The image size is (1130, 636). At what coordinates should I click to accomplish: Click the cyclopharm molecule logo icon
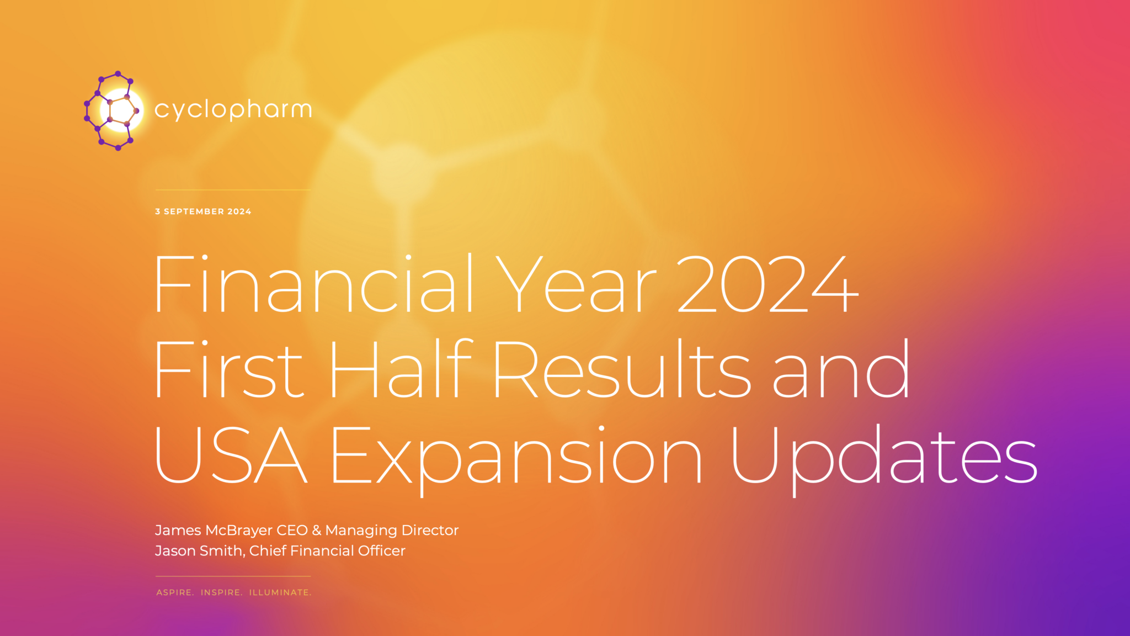[113, 110]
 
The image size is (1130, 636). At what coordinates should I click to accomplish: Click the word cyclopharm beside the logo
[233, 109]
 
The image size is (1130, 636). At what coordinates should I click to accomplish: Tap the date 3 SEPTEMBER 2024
[203, 211]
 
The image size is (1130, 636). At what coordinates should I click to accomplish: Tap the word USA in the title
[231, 455]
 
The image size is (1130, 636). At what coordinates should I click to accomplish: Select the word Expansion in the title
[516, 455]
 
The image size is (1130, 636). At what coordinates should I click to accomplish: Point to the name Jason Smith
[199, 551]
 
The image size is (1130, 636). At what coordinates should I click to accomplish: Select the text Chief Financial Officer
[327, 551]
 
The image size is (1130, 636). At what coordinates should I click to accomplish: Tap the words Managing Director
[392, 531]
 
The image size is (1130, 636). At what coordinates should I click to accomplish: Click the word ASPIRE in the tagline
[174, 592]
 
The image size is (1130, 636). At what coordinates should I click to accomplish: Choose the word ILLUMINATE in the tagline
[280, 592]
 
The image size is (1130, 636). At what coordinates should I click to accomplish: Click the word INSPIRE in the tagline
[221, 592]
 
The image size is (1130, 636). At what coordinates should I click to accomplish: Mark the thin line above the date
[233, 190]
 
